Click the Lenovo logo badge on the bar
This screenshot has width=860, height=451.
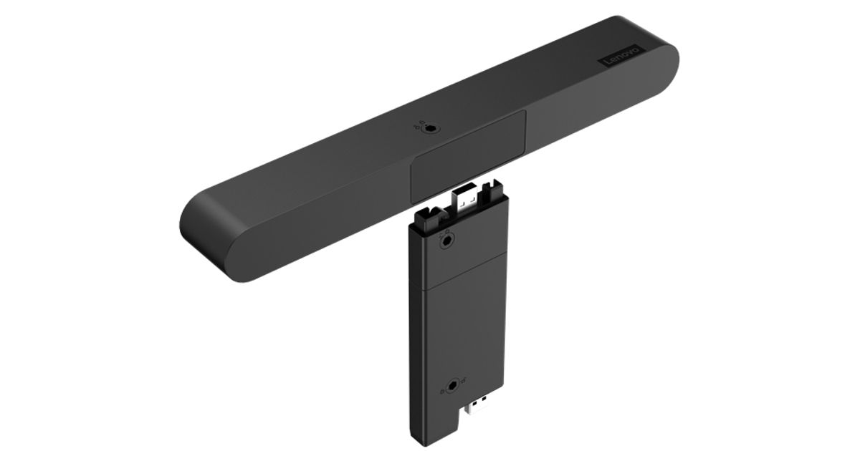click(x=621, y=57)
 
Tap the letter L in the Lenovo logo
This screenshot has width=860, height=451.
click(x=608, y=63)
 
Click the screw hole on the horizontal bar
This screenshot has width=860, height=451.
click(x=430, y=129)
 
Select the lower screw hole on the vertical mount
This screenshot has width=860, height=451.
click(x=454, y=385)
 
